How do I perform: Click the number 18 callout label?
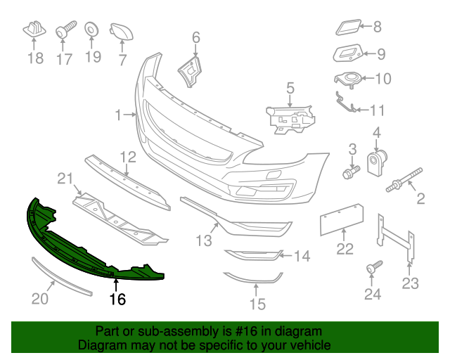(x=35, y=58)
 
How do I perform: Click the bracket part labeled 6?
(x=191, y=71)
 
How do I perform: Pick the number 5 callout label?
(x=290, y=88)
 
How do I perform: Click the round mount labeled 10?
(x=349, y=79)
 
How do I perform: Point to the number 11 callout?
(x=378, y=110)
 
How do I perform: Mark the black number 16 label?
(x=117, y=300)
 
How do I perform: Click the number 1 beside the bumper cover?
(x=118, y=113)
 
